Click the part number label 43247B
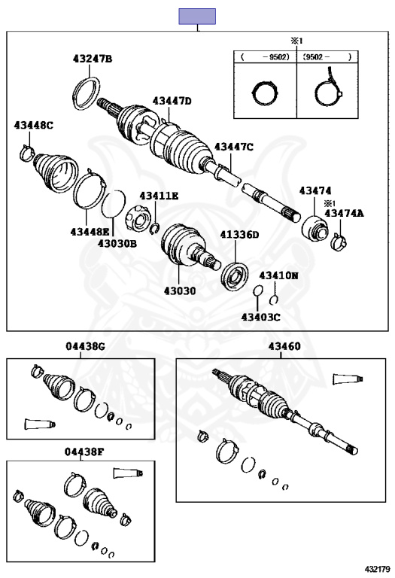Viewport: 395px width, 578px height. click(93, 59)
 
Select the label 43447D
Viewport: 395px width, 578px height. click(172, 101)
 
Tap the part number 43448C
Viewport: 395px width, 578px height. click(34, 126)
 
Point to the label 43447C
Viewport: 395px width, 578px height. click(234, 147)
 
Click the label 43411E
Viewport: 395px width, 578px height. click(159, 196)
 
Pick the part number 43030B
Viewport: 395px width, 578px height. click(117, 243)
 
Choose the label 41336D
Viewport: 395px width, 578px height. click(240, 235)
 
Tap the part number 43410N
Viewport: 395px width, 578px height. click(278, 275)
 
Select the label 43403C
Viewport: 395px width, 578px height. click(261, 317)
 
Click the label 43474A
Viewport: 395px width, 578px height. click(344, 213)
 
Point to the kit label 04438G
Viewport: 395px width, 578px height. click(86, 346)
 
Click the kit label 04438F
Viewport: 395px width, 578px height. click(84, 452)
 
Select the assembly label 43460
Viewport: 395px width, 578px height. click(284, 346)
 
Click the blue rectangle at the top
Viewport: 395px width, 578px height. click(197, 17)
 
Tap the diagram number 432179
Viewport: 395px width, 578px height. click(377, 570)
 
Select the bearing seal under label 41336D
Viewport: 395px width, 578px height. click(234, 276)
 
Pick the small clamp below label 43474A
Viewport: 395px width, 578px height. click(339, 242)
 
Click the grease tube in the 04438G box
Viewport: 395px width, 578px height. click(40, 424)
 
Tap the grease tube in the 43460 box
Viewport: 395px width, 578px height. click(348, 379)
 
